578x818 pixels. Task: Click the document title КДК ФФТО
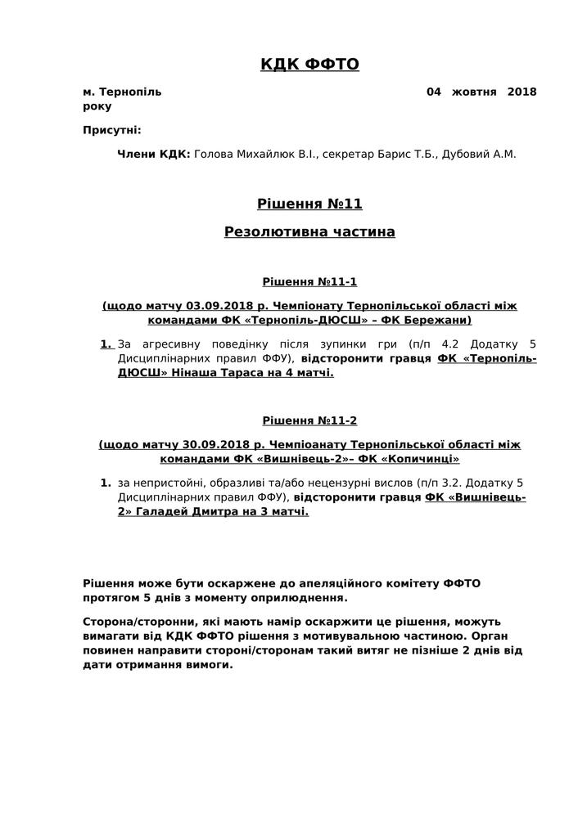[309, 65]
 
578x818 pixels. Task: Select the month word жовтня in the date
[474, 92]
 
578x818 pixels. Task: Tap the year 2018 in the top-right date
[522, 92]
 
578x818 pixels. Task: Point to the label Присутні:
[112, 130]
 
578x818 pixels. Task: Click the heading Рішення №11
[309, 204]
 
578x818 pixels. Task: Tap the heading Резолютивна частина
[309, 232]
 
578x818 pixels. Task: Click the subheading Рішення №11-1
[309, 282]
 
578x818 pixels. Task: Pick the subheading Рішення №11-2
[309, 421]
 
